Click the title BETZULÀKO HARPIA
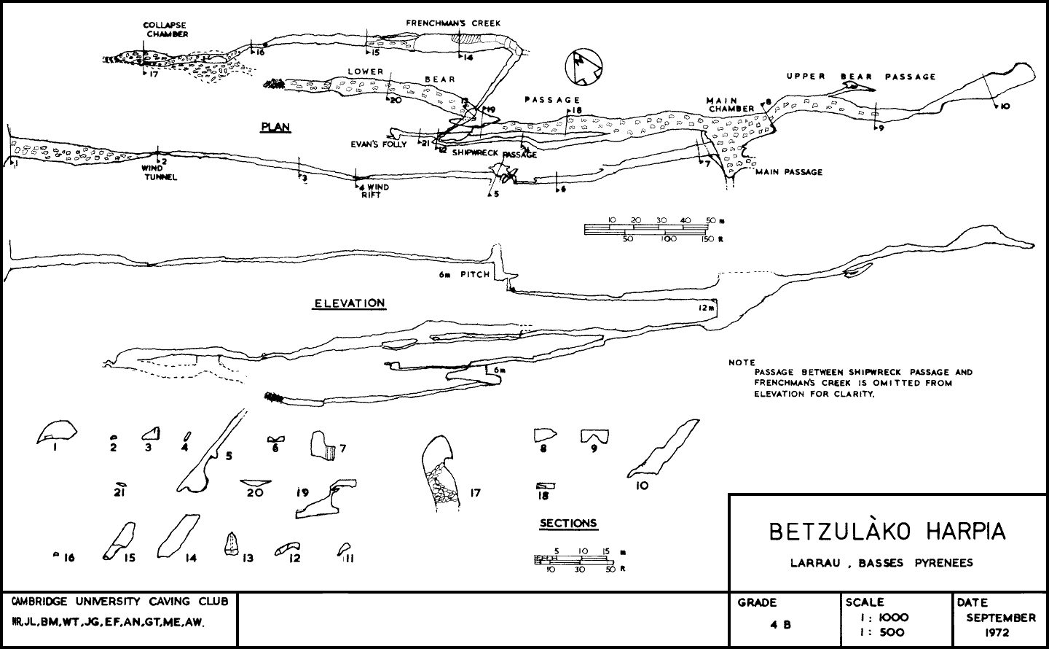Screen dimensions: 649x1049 click(887, 532)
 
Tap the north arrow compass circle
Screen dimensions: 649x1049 click(585, 68)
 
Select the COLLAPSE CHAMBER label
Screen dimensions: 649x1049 click(165, 29)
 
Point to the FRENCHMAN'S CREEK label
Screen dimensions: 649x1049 click(453, 23)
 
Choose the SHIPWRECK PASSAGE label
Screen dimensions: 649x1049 click(495, 154)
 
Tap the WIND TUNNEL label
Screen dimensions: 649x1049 click(160, 173)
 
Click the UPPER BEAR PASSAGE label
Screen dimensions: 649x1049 click(860, 77)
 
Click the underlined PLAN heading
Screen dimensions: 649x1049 click(275, 127)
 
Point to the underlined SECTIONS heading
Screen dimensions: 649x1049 click(567, 523)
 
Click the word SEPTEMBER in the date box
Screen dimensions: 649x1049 click(1000, 618)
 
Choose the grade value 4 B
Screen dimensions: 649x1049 click(779, 625)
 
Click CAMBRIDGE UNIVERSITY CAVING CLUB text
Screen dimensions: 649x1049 click(119, 602)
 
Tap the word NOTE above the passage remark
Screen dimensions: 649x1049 click(742, 362)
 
